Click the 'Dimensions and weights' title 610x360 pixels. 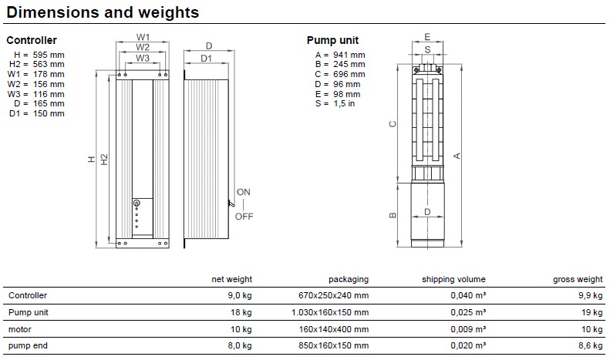(103, 12)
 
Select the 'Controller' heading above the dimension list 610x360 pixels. (32, 40)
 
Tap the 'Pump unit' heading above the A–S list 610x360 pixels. (332, 40)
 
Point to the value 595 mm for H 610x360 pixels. (49, 55)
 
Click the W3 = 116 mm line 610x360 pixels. (35, 94)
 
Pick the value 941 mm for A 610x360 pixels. (349, 55)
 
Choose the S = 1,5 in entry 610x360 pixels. (335, 103)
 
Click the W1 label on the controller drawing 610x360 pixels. (143, 37)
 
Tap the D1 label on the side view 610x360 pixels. (206, 59)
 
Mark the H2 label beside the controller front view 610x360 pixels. (104, 159)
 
